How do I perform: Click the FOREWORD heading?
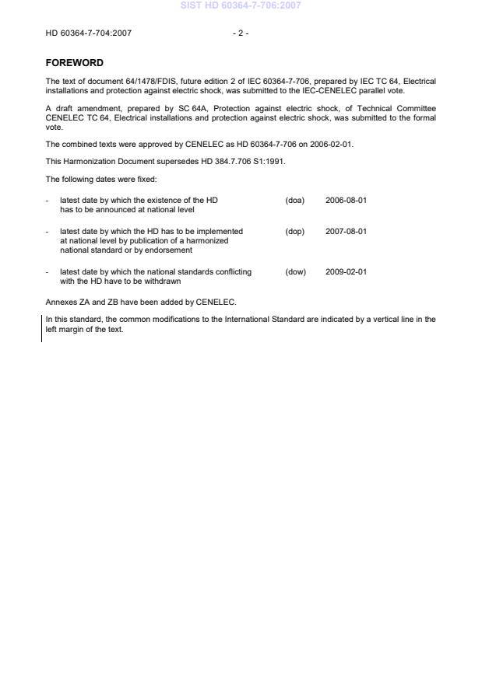[x=74, y=63]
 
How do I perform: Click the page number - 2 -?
[x=241, y=33]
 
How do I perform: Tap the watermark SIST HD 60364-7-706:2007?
[x=241, y=5]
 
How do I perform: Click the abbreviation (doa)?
[x=294, y=200]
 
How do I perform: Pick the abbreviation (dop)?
[x=294, y=231]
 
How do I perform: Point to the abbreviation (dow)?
[x=295, y=271]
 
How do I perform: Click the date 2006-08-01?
[x=346, y=200]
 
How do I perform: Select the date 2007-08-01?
[x=346, y=231]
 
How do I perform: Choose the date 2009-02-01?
[x=346, y=271]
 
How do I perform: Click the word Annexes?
[x=60, y=302]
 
